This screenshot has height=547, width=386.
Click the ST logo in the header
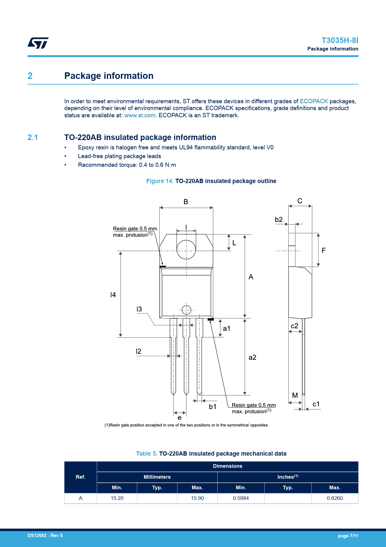pyautogui.click(x=38, y=43)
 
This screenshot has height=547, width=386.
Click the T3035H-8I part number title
pyautogui.click(x=340, y=41)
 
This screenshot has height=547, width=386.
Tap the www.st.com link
pyautogui.click(x=140, y=115)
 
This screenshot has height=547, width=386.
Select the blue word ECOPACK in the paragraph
pyautogui.click(x=314, y=101)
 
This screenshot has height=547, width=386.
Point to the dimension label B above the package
pyautogui.click(x=186, y=202)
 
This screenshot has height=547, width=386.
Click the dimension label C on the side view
pyautogui.click(x=300, y=201)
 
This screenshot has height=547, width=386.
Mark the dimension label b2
pyautogui.click(x=279, y=220)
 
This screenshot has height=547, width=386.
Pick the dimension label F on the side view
pyautogui.click(x=324, y=250)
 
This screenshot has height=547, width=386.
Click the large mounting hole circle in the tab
pyautogui.click(x=186, y=249)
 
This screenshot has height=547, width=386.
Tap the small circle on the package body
pyautogui.click(x=186, y=310)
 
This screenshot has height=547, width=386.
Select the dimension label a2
pyautogui.click(x=252, y=357)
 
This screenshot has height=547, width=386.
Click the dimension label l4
pyautogui.click(x=113, y=295)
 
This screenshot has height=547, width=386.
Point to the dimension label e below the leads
pyautogui.click(x=180, y=418)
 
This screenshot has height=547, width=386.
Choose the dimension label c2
pyautogui.click(x=294, y=326)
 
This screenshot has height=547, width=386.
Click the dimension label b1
pyautogui.click(x=213, y=407)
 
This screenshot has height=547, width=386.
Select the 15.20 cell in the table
pyautogui.click(x=117, y=498)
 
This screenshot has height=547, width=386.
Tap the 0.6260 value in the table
pyautogui.click(x=335, y=498)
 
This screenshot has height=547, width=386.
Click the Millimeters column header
pyautogui.click(x=157, y=477)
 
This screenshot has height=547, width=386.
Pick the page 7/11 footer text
pyautogui.click(x=348, y=536)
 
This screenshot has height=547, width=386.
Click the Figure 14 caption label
pyautogui.click(x=160, y=181)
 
